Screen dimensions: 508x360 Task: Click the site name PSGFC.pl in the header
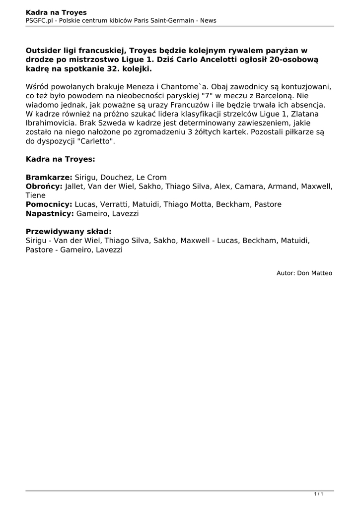[40, 20]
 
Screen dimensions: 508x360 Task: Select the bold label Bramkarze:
[49, 178]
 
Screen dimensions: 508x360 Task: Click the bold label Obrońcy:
[44, 187]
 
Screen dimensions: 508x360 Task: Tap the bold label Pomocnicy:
[49, 204]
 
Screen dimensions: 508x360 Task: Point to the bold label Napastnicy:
[50, 213]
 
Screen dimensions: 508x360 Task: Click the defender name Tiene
[36, 195]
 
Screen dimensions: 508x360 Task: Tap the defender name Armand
[281, 187]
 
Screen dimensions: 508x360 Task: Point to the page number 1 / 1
[318, 494]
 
